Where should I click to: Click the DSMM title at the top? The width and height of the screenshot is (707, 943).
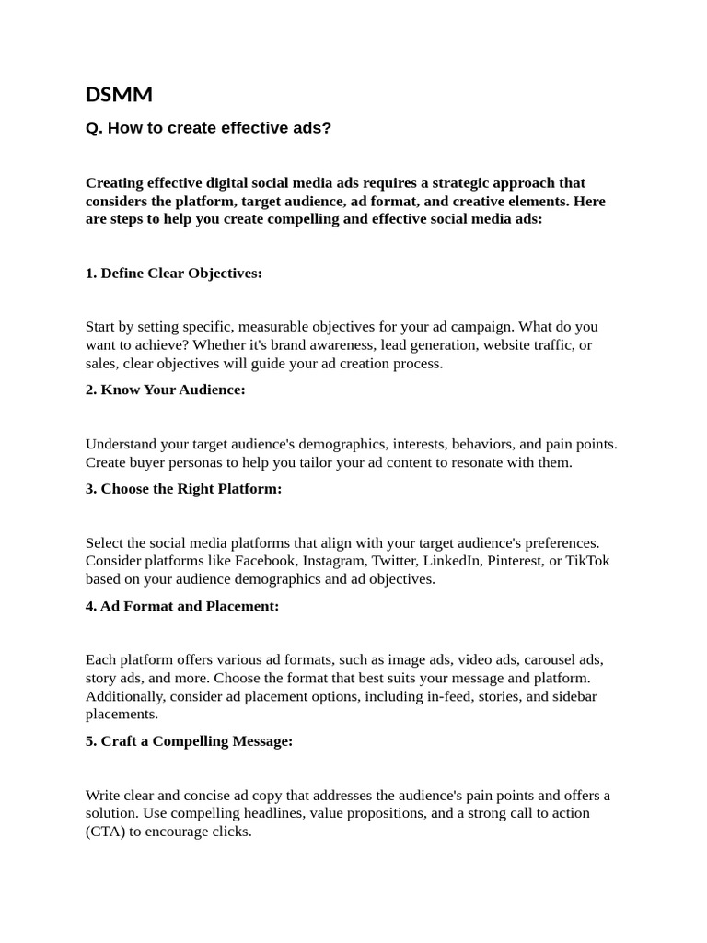coord(119,94)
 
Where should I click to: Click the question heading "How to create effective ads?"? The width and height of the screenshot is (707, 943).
coord(208,128)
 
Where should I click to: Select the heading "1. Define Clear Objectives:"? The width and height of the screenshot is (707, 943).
coord(174,274)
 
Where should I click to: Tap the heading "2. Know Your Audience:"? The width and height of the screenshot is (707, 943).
coord(166,390)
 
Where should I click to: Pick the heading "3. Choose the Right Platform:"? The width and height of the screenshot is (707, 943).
coord(184,489)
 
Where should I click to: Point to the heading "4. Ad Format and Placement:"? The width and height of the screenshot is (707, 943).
coord(182,606)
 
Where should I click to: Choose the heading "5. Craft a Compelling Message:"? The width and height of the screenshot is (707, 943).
coord(190,741)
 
